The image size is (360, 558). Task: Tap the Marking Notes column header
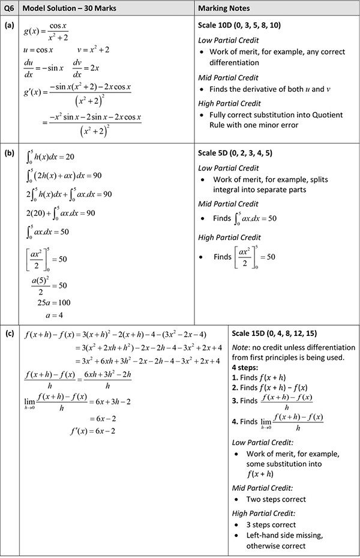(226, 8)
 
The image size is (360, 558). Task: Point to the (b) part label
(9, 152)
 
